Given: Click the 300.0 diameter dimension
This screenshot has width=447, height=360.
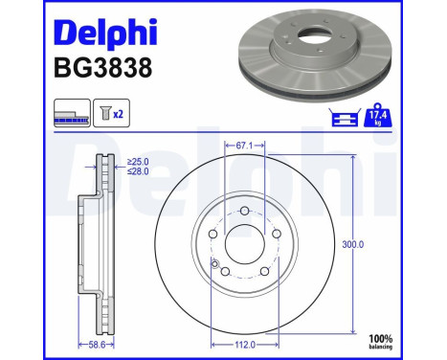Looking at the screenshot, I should pos(353,244).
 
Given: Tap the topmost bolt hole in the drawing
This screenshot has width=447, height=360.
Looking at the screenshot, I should pos(245,211).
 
